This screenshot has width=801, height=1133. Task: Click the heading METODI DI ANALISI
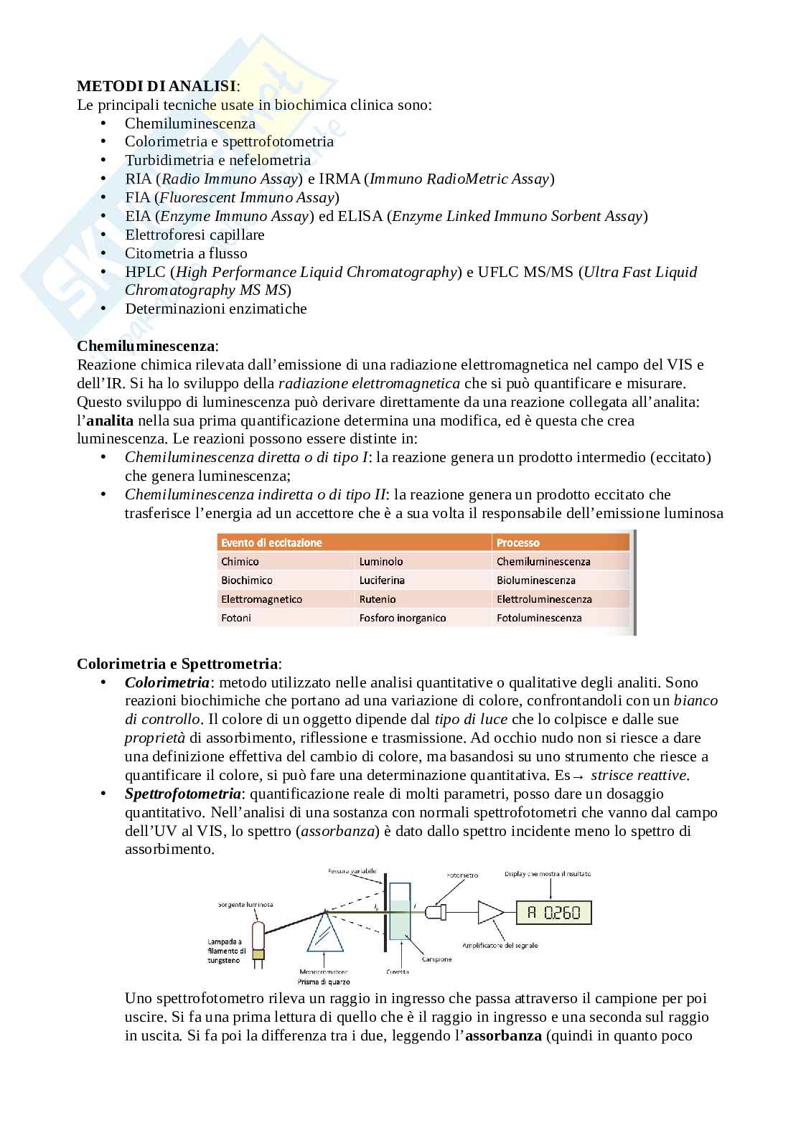(x=156, y=86)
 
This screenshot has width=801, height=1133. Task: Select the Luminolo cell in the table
(x=381, y=562)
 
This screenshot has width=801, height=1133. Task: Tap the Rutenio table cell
(x=378, y=599)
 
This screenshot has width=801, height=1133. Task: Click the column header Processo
(x=517, y=543)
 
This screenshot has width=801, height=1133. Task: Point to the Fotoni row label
(x=236, y=618)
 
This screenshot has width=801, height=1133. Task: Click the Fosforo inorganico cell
(x=403, y=618)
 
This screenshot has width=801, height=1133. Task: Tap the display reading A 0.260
(x=553, y=913)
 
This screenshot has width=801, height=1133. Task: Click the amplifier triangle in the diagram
(x=490, y=913)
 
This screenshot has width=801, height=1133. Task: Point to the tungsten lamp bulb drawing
(x=258, y=933)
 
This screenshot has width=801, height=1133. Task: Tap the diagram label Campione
(x=436, y=959)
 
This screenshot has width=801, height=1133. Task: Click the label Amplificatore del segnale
(x=500, y=945)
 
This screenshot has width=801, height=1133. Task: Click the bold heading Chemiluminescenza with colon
(x=147, y=346)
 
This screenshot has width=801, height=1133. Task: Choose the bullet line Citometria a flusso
(x=186, y=253)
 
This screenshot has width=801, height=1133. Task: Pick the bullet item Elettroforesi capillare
(x=195, y=235)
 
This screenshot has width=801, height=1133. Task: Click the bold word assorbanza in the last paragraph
(x=503, y=1035)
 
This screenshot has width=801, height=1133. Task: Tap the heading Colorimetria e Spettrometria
(x=178, y=664)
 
